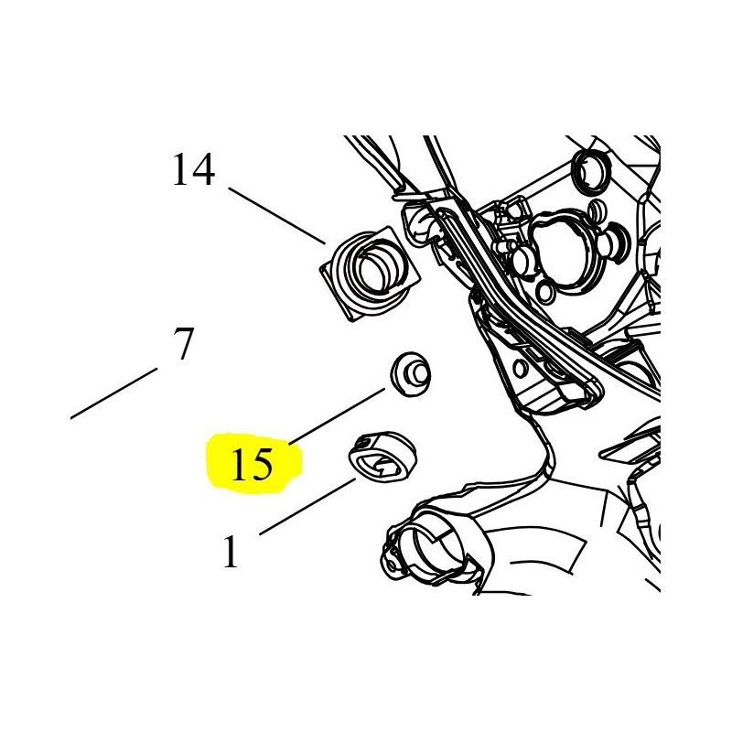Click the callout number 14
193,170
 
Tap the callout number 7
183,345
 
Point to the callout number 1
230,552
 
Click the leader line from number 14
277,216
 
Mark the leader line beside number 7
114,393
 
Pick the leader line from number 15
339,416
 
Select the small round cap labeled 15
410,372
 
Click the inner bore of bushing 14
376,268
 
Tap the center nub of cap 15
417,371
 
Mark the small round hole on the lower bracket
522,368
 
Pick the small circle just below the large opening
545,292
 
